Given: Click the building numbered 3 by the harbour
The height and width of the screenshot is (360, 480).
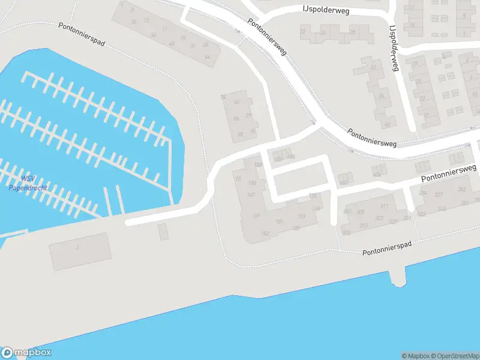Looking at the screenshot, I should pyautogui.click(x=80, y=251).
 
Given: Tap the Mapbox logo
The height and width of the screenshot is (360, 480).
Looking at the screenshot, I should pyautogui.click(x=25, y=353).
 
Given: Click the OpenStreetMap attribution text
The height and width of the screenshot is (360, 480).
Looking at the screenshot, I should pyautogui.click(x=454, y=356).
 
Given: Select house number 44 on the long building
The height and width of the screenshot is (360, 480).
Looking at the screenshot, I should pyautogui.click(x=208, y=57).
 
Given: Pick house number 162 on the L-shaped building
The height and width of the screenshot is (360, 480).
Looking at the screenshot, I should pyautogui.click(x=249, y=233).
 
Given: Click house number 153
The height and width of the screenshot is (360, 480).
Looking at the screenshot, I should pyautogui.click(x=301, y=216).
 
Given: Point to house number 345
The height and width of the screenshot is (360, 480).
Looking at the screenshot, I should pyautogui.click(x=461, y=190).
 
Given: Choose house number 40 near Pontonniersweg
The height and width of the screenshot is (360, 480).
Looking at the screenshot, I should pyautogui.click(x=387, y=125).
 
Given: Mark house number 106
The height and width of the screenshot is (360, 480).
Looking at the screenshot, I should pyautogui.click(x=292, y=157).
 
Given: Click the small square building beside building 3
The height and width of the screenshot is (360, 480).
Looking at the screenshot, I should pyautogui.click(x=163, y=231).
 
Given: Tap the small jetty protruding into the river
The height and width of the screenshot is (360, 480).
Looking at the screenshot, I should pyautogui.click(x=397, y=277).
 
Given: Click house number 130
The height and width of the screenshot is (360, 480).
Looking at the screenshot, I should pyautogui.click(x=252, y=183).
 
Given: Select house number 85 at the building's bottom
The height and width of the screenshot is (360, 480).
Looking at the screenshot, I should pyautogui.click(x=240, y=134).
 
